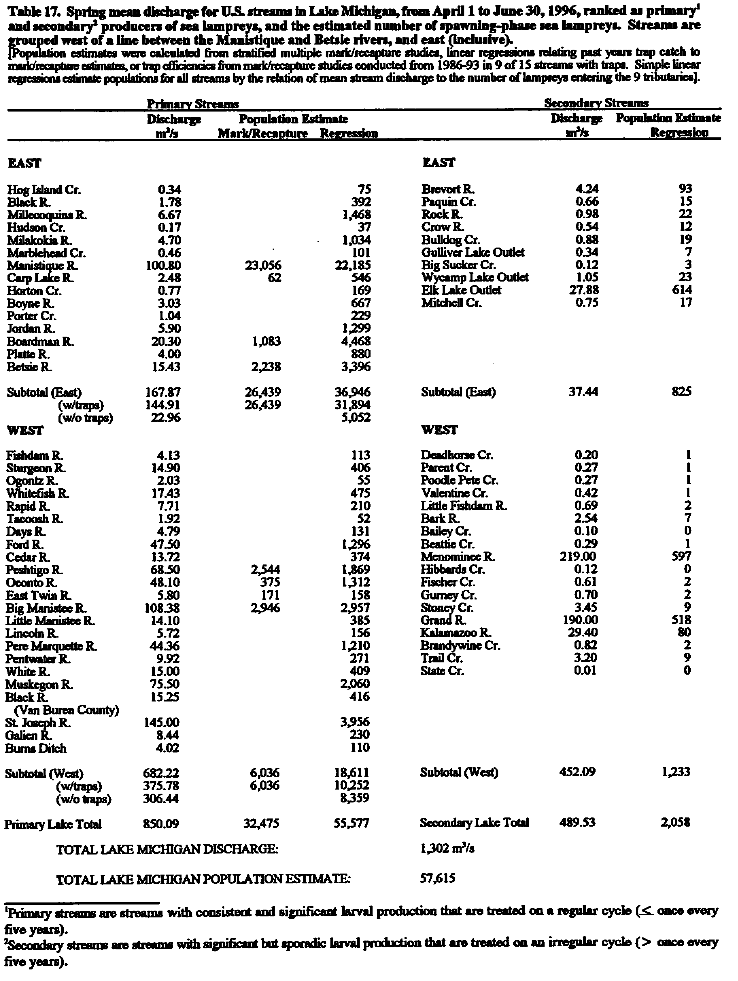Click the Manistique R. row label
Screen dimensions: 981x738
click(42, 266)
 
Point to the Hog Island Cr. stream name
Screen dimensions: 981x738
click(44, 190)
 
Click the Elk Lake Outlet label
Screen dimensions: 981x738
click(461, 290)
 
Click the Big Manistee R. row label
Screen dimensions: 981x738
click(46, 608)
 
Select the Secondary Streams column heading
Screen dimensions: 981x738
click(596, 103)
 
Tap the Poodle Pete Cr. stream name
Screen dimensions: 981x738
click(459, 480)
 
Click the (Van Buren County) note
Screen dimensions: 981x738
click(67, 710)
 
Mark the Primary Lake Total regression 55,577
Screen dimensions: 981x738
click(352, 824)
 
